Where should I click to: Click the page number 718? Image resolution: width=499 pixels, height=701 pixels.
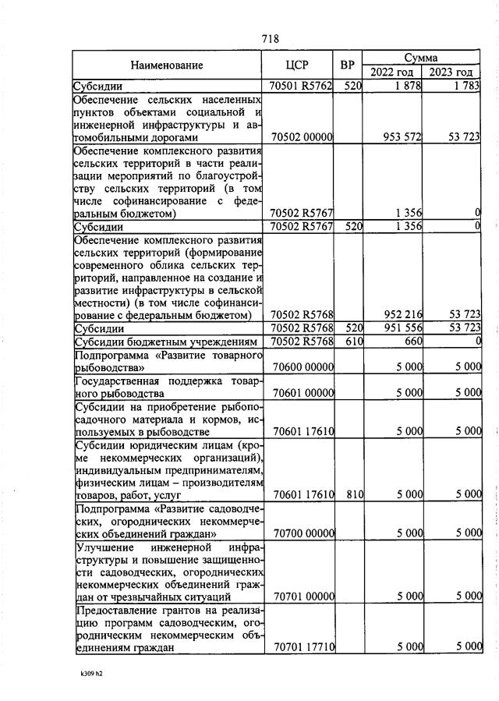(271, 38)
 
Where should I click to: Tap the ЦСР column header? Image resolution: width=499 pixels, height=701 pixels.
(299, 65)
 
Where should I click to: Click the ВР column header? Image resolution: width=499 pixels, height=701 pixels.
(348, 65)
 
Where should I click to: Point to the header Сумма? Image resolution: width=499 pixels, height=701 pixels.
(421, 58)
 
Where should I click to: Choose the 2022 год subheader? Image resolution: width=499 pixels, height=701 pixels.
(392, 73)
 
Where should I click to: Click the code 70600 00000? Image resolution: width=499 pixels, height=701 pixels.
(301, 366)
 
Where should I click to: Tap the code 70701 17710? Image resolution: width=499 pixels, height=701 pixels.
(301, 646)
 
